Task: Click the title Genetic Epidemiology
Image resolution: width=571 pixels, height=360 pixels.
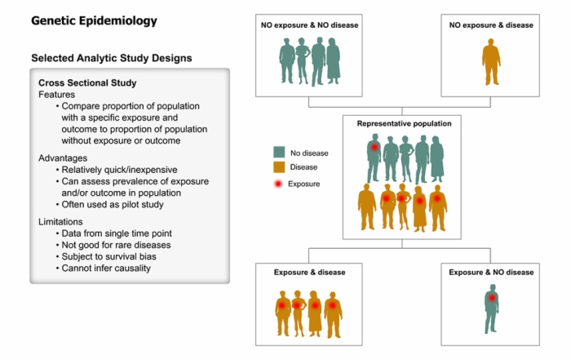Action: [x=94, y=21]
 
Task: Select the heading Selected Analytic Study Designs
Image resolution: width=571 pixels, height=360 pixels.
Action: [x=112, y=58]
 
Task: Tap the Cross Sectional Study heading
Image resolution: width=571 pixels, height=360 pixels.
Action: [x=87, y=82]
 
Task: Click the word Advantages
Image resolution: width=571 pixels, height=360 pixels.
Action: [x=63, y=158]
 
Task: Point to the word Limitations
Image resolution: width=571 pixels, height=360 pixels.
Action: [x=60, y=221]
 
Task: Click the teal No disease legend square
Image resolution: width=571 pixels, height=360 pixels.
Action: [x=279, y=152]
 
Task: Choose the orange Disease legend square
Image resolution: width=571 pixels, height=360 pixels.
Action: [x=279, y=167]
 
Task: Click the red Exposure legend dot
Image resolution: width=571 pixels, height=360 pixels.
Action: [x=278, y=184]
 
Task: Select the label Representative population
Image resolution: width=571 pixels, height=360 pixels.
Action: [x=404, y=123]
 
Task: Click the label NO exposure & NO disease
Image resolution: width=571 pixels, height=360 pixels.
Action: [x=309, y=25]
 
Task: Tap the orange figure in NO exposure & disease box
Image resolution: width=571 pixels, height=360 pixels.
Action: [x=491, y=62]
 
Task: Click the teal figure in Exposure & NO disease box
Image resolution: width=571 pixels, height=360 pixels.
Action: [x=491, y=312]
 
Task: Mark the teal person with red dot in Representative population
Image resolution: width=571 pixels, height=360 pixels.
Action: [x=374, y=158]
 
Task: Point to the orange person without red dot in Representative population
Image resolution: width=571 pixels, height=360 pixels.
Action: [x=367, y=207]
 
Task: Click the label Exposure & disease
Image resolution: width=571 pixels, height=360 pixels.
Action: [x=309, y=272]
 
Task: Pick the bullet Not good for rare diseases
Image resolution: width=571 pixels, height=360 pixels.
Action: [x=116, y=245]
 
